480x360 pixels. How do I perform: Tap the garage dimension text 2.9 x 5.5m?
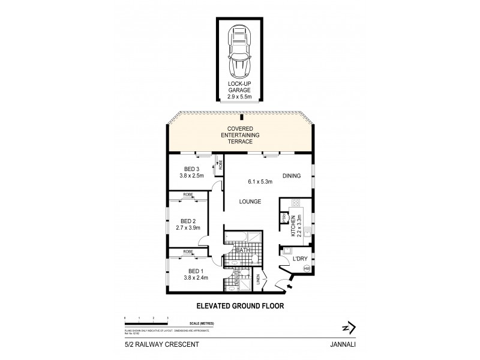tap(240, 95)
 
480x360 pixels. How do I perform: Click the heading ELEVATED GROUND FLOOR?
tap(240, 305)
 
